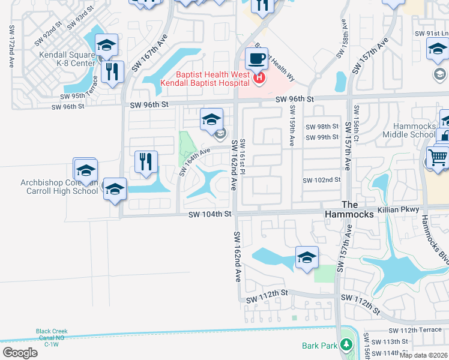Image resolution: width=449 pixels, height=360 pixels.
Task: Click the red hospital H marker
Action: [x=259, y=78]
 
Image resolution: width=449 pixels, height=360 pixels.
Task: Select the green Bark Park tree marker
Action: [x=346, y=345]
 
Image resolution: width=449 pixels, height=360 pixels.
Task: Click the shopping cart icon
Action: [x=438, y=157]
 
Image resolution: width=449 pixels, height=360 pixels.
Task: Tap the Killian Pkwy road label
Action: [x=399, y=212]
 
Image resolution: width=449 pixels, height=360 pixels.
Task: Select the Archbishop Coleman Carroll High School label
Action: [x=59, y=187]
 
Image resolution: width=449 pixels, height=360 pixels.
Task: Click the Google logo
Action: [x=20, y=353]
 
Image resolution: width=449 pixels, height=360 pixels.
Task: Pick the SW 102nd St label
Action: [x=321, y=180]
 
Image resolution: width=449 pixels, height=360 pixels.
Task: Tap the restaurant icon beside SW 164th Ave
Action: [x=145, y=162]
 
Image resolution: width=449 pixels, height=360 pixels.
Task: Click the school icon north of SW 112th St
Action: [x=307, y=259]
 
